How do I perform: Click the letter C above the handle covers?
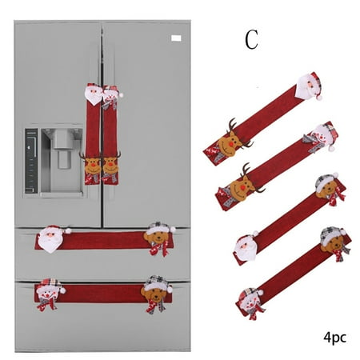(x=251, y=39)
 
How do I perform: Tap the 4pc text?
(x=334, y=337)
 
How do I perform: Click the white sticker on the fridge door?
(x=176, y=38)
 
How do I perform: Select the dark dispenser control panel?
(x=31, y=161)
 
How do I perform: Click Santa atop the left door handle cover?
(x=94, y=94)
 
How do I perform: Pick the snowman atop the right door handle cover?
(x=111, y=97)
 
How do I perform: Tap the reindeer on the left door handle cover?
(x=91, y=164)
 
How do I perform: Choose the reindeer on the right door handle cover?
(x=111, y=164)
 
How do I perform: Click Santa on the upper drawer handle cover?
(x=52, y=238)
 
